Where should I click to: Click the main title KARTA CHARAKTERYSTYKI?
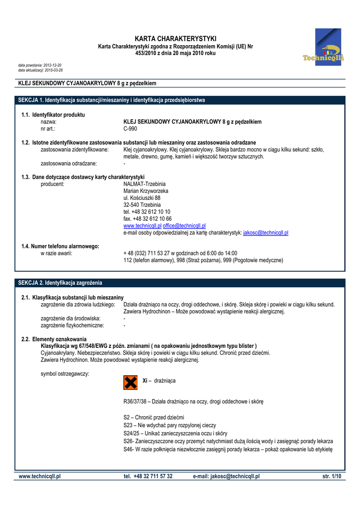(176, 39)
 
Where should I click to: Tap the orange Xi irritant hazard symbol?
(130, 382)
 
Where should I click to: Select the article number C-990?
(130, 128)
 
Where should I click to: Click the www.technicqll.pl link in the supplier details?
(142, 226)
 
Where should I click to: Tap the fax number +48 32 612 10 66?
(147, 219)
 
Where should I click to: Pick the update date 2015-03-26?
(54, 70)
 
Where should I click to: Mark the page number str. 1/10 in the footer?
(332, 476)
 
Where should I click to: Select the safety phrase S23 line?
(169, 425)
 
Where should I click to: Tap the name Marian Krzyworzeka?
(145, 191)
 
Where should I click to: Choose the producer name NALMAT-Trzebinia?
(144, 184)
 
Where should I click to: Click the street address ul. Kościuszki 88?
(142, 198)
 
